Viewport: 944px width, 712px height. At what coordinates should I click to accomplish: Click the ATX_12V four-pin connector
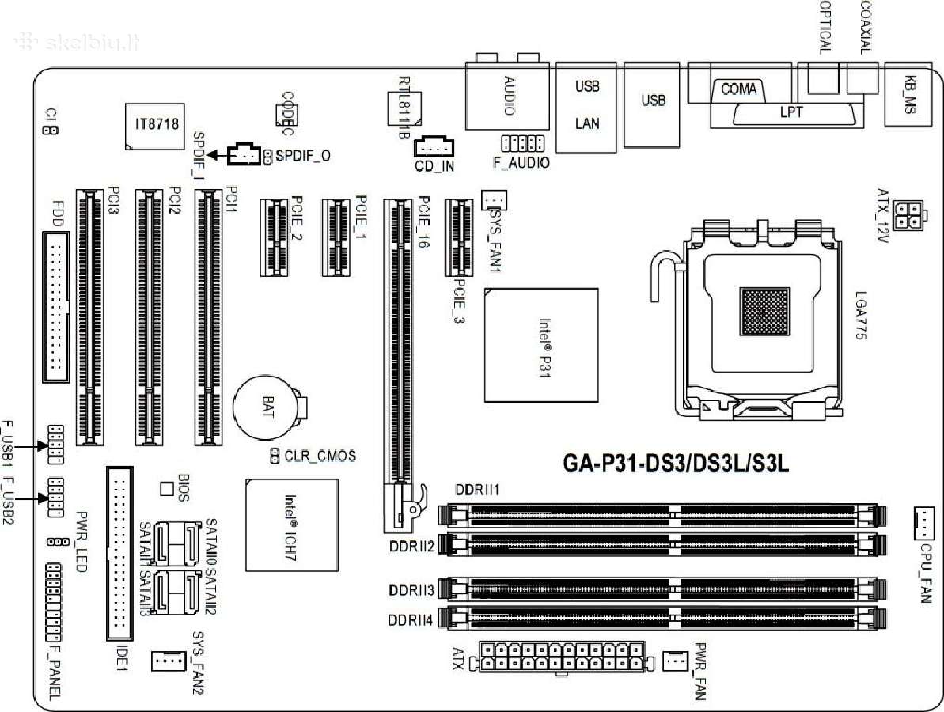point(907,214)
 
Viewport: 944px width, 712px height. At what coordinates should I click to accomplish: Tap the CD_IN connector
point(434,147)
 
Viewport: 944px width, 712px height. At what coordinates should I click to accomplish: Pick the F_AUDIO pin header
point(521,144)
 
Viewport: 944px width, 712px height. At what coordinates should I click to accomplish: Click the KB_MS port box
point(912,93)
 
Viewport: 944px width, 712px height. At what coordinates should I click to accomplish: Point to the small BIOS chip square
point(166,488)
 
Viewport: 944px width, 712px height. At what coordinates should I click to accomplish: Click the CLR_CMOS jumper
point(275,456)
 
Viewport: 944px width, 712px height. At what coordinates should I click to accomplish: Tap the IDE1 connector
point(119,553)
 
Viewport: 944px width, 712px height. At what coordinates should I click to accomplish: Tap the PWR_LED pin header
point(57,542)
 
